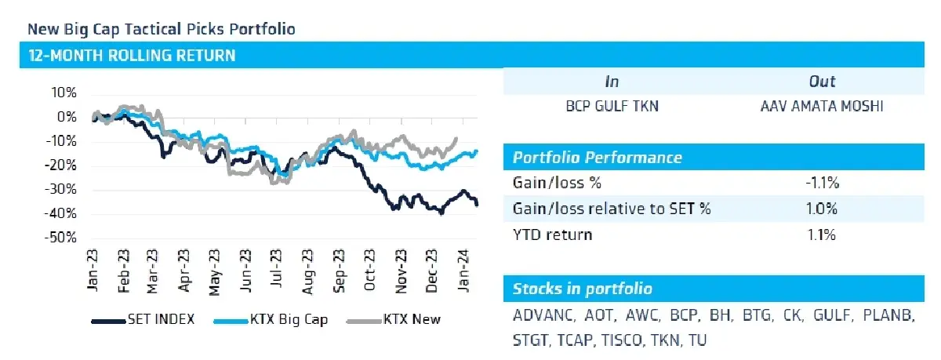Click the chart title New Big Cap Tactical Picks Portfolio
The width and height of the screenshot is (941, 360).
pyautogui.click(x=162, y=29)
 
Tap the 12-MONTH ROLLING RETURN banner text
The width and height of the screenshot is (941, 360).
pyautogui.click(x=132, y=56)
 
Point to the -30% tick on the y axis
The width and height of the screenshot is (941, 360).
pyautogui.click(x=61, y=189)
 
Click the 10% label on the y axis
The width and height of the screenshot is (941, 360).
pyautogui.click(x=64, y=93)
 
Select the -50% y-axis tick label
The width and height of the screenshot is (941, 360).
pyautogui.click(x=61, y=238)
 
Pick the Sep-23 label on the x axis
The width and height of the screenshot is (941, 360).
pyautogui.click(x=339, y=271)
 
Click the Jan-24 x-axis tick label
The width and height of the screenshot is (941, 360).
pyautogui.click(x=463, y=271)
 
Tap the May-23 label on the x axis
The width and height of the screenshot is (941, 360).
pyautogui.click(x=214, y=272)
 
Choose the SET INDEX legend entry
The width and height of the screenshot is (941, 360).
pyautogui.click(x=143, y=320)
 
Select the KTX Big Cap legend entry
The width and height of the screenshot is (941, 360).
pyautogui.click(x=271, y=320)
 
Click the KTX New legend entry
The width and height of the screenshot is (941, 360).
pyautogui.click(x=393, y=320)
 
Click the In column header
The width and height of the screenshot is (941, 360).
pyautogui.click(x=612, y=82)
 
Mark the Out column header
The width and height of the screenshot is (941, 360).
pyautogui.click(x=822, y=82)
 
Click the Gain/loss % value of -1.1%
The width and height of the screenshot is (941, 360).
pyautogui.click(x=822, y=184)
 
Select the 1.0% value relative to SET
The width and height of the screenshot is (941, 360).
pyautogui.click(x=822, y=209)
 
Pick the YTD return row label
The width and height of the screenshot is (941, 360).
pyautogui.click(x=552, y=235)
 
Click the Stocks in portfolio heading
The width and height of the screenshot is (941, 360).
pyautogui.click(x=582, y=289)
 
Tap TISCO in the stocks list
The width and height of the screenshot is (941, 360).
pyautogui.click(x=621, y=340)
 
